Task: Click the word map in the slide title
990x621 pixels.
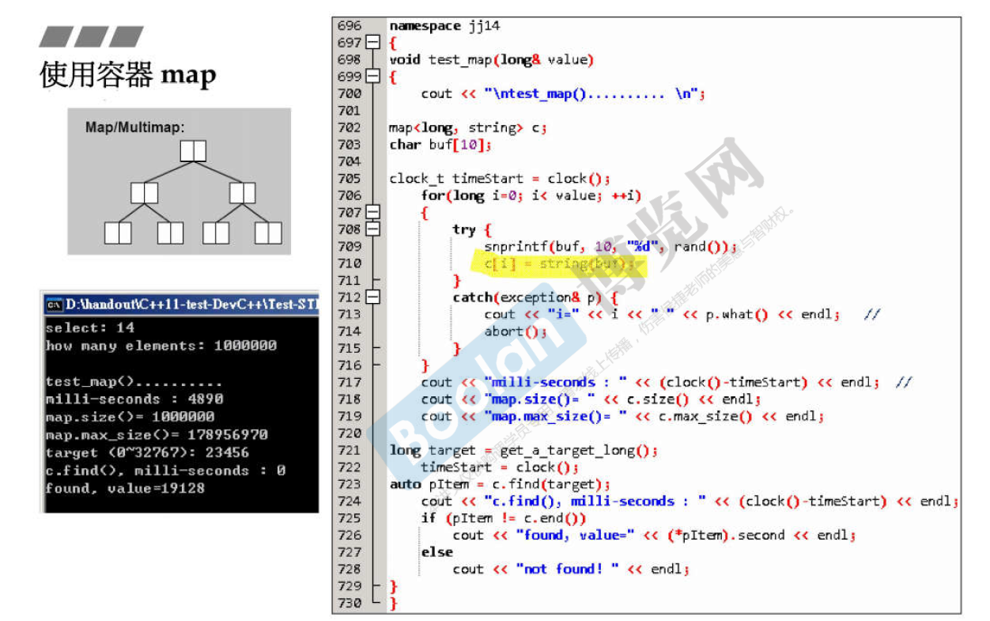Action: pos(188,76)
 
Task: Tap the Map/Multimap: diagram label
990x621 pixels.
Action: pos(134,127)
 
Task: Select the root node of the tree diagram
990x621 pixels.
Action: pos(193,151)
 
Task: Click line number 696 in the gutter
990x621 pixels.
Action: pos(349,26)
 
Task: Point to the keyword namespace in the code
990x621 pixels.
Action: pos(425,26)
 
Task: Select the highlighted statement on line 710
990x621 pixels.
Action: pos(558,263)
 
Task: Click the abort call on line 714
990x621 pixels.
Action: pos(504,331)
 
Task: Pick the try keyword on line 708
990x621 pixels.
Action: pos(463,229)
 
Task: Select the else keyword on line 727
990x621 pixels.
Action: pos(436,551)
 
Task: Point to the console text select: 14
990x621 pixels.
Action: pos(90,328)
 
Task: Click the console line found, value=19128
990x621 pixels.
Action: pos(125,488)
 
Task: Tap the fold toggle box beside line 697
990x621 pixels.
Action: pos(372,43)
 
